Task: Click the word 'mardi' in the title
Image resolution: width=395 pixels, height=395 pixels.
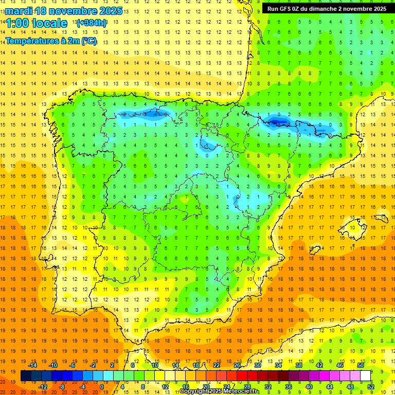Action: [18, 11]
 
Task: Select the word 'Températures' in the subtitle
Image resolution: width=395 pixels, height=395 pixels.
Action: [31, 41]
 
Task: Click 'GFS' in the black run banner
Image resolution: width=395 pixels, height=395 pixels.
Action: [288, 9]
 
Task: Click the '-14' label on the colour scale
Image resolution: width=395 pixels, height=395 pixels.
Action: [33, 365]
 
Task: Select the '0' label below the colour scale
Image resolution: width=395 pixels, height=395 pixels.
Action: [101, 387]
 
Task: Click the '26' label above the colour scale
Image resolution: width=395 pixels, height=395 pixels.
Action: [237, 365]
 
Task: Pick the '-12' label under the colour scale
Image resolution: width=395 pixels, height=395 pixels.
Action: [43, 387]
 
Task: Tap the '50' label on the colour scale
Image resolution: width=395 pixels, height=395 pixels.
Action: [360, 365]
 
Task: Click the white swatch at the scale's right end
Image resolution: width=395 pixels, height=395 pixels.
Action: [366, 376]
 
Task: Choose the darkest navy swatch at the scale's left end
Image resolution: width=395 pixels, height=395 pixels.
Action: [26, 376]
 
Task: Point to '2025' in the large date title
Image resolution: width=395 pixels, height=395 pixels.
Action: [110, 11]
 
